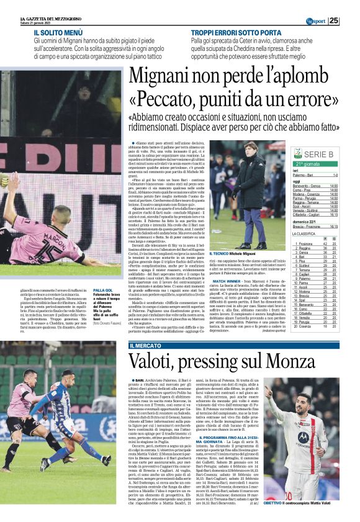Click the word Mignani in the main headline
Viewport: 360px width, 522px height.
[165, 76]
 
